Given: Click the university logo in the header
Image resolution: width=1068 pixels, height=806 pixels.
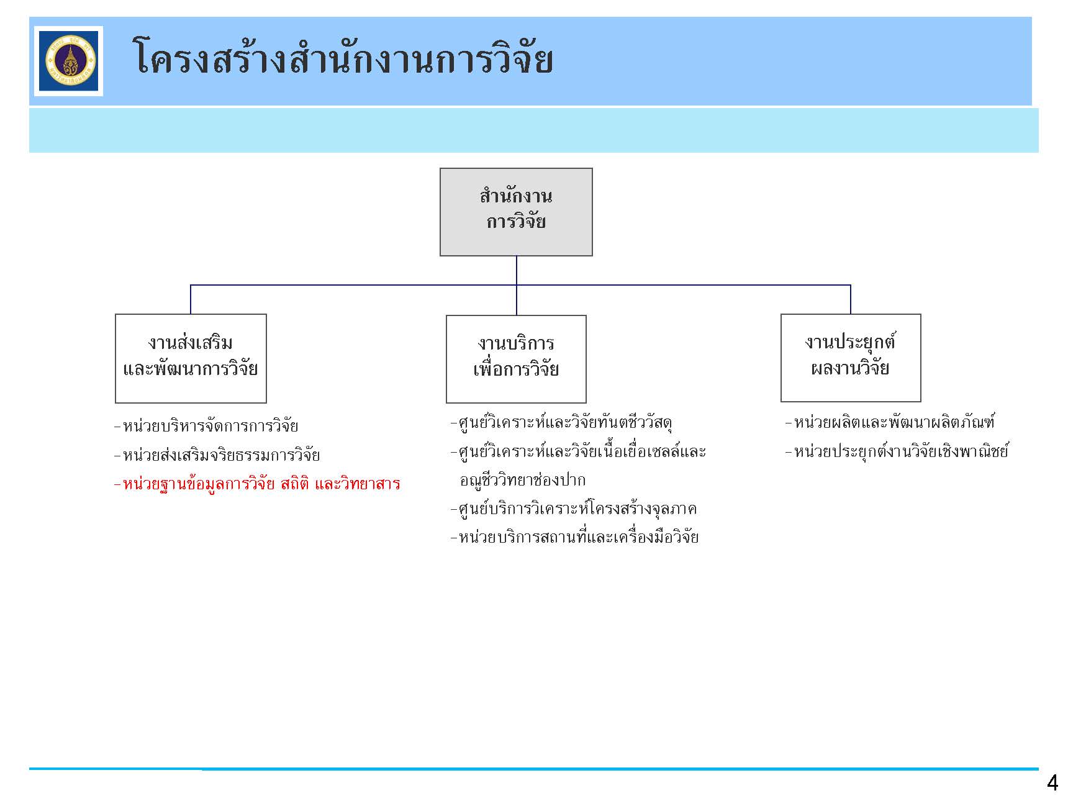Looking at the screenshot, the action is coord(68,61).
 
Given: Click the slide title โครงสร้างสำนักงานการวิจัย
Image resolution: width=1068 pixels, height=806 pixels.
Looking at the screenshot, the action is coord(343,58).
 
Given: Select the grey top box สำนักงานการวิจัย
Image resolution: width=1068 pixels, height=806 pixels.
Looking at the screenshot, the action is coord(516,212).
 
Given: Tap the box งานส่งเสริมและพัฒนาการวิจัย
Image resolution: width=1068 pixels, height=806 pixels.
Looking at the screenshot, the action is coord(191,358).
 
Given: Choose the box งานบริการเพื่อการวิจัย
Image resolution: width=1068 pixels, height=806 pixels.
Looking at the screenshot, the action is coord(516,359).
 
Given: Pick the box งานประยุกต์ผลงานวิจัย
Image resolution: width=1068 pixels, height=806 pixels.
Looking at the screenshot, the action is coord(851,358).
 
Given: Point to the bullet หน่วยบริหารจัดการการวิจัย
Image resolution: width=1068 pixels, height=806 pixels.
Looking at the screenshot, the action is coord(206,426).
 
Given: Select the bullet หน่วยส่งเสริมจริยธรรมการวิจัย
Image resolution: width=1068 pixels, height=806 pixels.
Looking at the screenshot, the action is coord(217,455).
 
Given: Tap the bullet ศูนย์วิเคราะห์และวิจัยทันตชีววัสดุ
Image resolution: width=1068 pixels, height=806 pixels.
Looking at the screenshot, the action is coord(561,423).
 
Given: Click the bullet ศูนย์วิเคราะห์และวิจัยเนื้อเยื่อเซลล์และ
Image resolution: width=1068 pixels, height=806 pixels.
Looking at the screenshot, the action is coord(578,451).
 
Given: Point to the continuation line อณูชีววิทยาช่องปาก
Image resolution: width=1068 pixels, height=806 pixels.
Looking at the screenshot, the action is coord(522,480).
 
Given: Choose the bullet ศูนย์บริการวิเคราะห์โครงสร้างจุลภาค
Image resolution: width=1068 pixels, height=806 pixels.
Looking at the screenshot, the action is coord(574,509).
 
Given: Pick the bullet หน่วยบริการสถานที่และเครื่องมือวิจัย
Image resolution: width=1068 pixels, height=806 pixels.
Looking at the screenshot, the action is coord(574,537).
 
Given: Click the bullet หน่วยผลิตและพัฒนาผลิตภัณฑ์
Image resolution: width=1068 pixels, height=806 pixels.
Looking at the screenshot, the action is coord(890,423).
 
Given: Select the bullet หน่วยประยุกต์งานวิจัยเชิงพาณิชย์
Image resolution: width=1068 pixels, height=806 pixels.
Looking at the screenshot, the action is coord(897,451).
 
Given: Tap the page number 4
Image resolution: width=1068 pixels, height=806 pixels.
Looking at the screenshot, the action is coord(1052,783).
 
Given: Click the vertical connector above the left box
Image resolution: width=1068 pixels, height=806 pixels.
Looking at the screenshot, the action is coord(191,299).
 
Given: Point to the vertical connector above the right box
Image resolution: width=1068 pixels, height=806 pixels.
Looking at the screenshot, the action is coord(851,299).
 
